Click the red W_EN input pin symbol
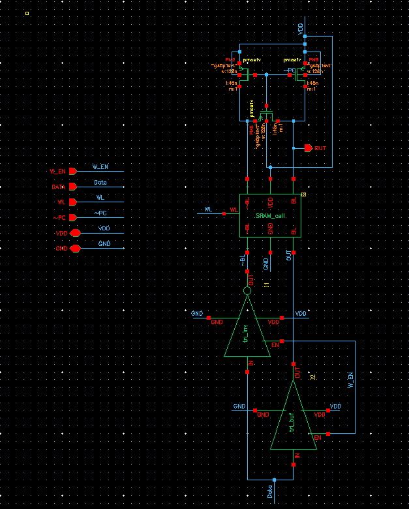point(72,171)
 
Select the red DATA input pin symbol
point(72,187)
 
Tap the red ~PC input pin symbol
point(72,217)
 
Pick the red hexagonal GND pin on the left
point(75,248)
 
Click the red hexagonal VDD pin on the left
point(75,233)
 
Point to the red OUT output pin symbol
point(309,148)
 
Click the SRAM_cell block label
point(271,215)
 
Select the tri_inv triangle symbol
point(247,330)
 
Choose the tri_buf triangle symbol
point(294,418)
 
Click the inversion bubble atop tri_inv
point(247,291)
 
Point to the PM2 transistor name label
point(230,59)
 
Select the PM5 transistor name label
point(314,59)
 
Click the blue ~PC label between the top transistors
point(290,70)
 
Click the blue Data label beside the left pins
point(100,182)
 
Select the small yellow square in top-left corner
point(27,12)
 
